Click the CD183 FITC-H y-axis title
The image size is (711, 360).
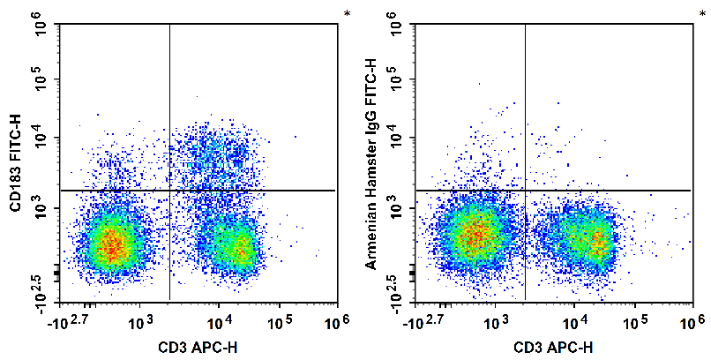click(15, 163)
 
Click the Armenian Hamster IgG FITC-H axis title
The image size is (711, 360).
click(371, 163)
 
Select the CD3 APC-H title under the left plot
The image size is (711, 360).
click(198, 347)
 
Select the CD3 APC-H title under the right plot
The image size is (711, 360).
click(554, 347)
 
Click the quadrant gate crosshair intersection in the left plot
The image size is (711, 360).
click(169, 191)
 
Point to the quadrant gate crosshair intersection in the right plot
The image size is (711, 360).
click(526, 191)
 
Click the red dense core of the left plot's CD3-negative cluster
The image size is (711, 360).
click(109, 244)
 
